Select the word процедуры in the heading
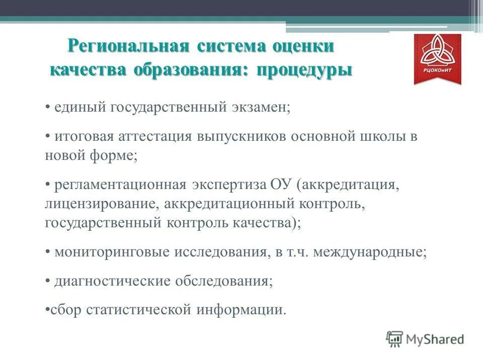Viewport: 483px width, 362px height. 304,69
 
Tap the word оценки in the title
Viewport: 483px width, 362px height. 303,46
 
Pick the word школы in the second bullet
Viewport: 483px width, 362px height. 380,137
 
